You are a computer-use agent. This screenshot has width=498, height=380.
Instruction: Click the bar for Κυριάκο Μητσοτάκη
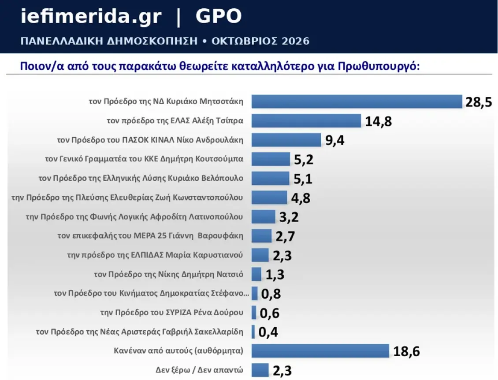pos(357,102)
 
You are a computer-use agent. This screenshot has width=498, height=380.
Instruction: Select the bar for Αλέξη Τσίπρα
pos(306,121)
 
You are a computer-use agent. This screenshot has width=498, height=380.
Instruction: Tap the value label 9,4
pos(335,140)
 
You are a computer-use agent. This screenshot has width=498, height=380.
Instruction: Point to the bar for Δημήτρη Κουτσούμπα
pos(271,159)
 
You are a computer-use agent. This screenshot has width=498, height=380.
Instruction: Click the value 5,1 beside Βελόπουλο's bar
pos(303,179)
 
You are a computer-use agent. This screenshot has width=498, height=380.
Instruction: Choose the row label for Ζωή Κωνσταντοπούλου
pos(127,197)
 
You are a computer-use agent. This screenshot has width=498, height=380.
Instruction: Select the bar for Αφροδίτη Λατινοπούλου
pos(263,217)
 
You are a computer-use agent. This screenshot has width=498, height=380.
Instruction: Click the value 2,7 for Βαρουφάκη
pos(285,237)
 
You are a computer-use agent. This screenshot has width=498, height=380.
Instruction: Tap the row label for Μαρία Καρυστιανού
pos(155,255)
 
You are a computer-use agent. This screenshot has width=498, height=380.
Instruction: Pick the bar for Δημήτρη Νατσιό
pos(256,274)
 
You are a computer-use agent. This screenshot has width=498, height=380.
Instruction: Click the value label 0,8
pos(271,294)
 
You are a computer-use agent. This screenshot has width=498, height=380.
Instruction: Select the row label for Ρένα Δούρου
pos(172,313)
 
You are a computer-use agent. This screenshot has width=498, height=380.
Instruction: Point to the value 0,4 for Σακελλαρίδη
pos(268,332)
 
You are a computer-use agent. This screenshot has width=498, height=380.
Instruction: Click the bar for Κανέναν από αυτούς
pos(320,351)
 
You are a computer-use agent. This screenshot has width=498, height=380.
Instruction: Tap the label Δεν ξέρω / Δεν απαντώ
pos(200,370)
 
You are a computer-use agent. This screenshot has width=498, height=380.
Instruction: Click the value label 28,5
pos(479,102)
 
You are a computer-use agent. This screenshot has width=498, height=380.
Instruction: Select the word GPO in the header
pos(219,16)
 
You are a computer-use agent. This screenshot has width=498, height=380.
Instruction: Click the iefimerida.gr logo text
pos(91,16)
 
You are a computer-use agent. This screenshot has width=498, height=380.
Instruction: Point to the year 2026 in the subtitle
pos(296,41)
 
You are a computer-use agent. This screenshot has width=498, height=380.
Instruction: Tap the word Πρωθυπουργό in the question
pos(379,66)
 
